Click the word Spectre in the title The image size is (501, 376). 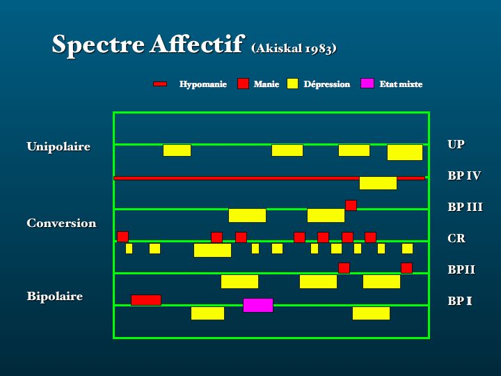[x=98, y=45]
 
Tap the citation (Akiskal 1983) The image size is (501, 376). [x=294, y=49]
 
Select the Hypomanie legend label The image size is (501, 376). [x=203, y=84]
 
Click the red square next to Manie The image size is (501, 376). [x=243, y=84]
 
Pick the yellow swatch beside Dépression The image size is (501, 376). [x=293, y=84]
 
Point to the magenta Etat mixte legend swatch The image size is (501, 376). [x=367, y=84]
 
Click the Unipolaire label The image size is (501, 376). [x=58, y=146]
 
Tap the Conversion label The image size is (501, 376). [x=61, y=223]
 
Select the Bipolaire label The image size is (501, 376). [x=55, y=296]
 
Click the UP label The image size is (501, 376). [x=456, y=144]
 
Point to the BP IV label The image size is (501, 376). [x=464, y=175]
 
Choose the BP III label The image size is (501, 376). [x=465, y=207]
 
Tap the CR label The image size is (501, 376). [x=456, y=238]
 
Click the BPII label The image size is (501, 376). [x=461, y=269]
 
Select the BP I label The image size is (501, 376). [x=460, y=301]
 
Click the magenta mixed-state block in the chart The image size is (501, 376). [x=258, y=306]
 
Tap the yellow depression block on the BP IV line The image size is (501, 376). [x=378, y=183]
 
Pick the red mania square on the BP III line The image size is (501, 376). [x=351, y=205]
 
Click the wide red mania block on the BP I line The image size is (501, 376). [x=146, y=300]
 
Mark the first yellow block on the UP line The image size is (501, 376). [x=177, y=150]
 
